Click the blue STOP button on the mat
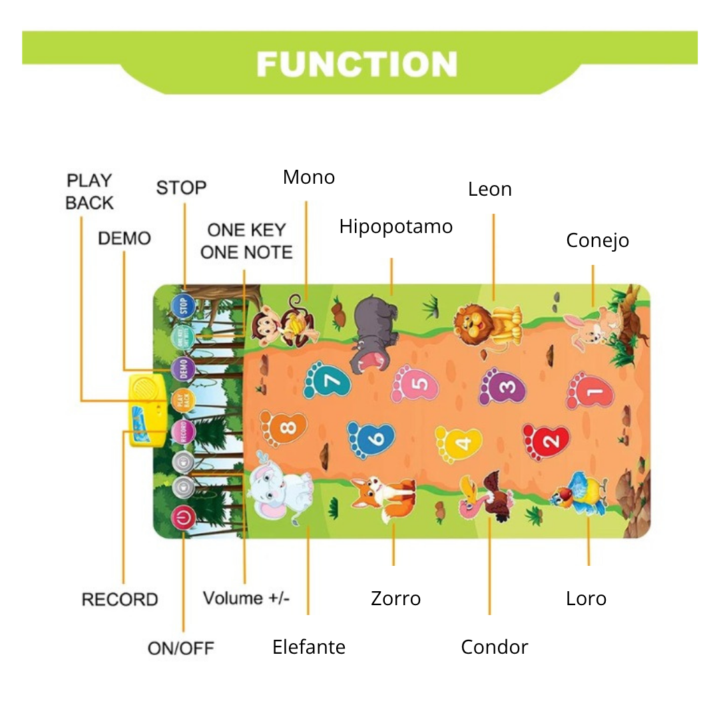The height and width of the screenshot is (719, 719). point(182,306)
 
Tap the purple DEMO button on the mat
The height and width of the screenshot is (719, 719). point(183,368)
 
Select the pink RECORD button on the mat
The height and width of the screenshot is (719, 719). point(182,431)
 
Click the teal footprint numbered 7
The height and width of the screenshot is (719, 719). point(327,380)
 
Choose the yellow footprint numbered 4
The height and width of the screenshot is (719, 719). point(459,443)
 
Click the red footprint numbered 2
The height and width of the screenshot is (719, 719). point(546,441)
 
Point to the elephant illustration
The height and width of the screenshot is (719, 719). point(280,493)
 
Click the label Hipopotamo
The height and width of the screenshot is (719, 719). point(395,227)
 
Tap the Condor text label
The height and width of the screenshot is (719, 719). point(494,647)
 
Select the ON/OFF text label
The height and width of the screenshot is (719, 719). point(181,648)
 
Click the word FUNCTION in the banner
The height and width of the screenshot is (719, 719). point(357,65)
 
